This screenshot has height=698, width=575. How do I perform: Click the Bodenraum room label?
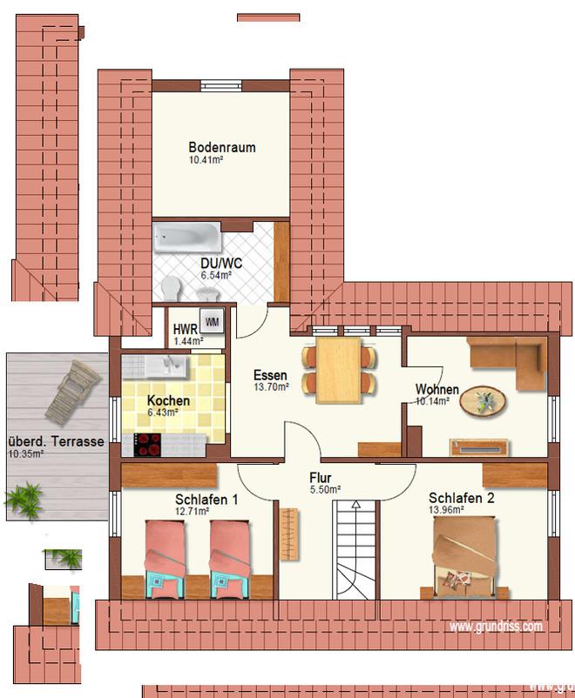click(x=222, y=147)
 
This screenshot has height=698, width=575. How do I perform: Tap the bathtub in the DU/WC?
click(x=187, y=236)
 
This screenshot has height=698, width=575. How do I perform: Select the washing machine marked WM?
click(x=212, y=321)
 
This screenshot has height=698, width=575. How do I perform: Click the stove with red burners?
click(x=147, y=444)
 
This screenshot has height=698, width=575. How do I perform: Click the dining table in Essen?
click(x=338, y=371)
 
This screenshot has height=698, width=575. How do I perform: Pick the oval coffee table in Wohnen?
click(x=483, y=401)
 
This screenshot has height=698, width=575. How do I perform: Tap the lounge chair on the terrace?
click(x=73, y=392)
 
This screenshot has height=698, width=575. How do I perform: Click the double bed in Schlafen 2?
click(x=465, y=556)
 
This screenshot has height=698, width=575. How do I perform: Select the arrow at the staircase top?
click(x=355, y=505)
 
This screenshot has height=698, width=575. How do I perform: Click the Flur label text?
click(x=320, y=478)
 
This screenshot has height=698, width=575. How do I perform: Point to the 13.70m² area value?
click(x=272, y=387)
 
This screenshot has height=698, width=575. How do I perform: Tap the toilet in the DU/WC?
click(x=171, y=287)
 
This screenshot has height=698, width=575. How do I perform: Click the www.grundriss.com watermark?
click(x=496, y=627)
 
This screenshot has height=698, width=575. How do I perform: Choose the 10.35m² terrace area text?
click(x=26, y=454)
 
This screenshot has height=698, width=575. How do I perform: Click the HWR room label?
click(x=185, y=329)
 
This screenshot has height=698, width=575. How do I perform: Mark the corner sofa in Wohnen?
click(x=507, y=362)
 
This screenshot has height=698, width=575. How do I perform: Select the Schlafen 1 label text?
click(x=206, y=500)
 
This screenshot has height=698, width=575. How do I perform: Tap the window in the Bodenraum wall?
click(x=221, y=85)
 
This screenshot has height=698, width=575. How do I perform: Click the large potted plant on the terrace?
click(x=24, y=500)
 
